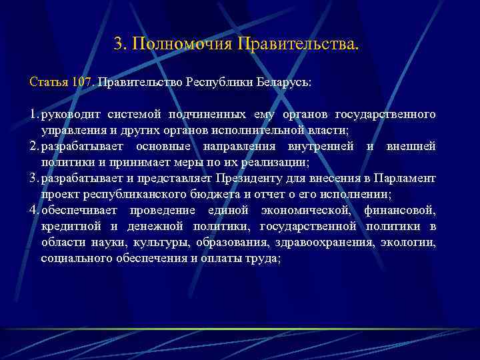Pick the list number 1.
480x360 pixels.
pyautogui.click(x=33, y=115)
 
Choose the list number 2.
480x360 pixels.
pyautogui.click(x=33, y=147)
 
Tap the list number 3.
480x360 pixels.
pyautogui.click(x=33, y=179)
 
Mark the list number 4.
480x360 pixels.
pyautogui.click(x=33, y=211)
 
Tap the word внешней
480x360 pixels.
pyautogui.click(x=411, y=147)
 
